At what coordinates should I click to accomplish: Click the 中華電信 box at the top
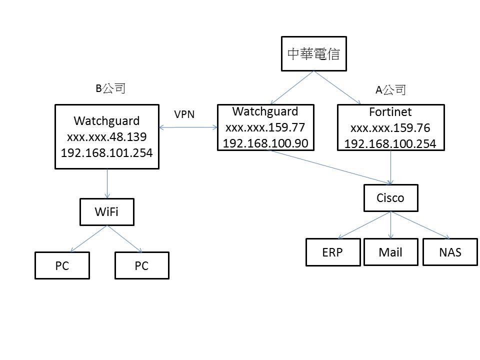(x=313, y=53)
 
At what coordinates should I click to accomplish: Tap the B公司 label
(x=110, y=88)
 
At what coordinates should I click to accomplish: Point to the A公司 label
(x=390, y=90)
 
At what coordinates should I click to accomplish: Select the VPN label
(x=184, y=114)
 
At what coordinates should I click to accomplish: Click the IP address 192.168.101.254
(x=106, y=152)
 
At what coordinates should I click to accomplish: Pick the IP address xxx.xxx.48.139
(x=106, y=136)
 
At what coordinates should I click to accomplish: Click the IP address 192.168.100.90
(x=265, y=143)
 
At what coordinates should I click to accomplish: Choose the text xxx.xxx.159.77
(x=265, y=127)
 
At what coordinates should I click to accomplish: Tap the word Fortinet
(x=390, y=111)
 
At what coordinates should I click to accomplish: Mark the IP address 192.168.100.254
(x=390, y=144)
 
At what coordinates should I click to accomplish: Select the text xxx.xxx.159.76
(x=390, y=127)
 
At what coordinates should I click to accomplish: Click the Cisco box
(x=390, y=198)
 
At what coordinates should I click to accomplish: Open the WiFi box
(x=107, y=212)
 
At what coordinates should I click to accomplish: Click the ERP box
(x=332, y=252)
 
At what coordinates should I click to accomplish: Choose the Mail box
(x=390, y=252)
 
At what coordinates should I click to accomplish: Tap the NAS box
(x=450, y=252)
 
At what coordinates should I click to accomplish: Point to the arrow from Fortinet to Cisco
(x=390, y=167)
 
